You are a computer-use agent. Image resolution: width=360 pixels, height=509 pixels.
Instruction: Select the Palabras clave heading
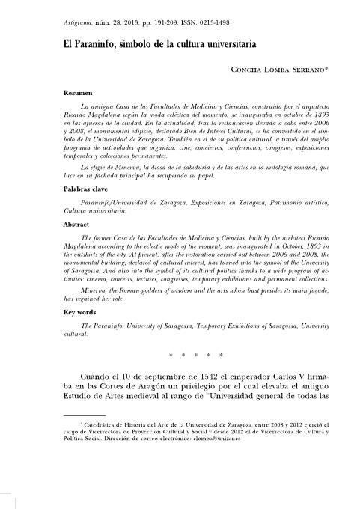tap(85, 190)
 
